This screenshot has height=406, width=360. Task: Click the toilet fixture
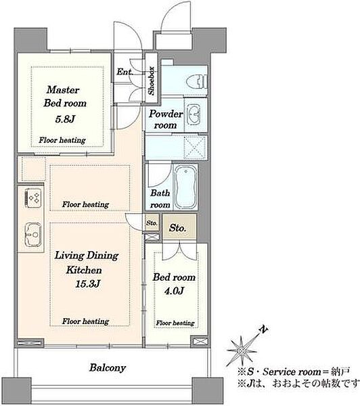pos(197,82)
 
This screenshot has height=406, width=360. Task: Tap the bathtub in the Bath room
pos(185,186)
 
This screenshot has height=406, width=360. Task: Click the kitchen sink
pos(33,234)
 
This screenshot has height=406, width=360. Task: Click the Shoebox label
pos(152,81)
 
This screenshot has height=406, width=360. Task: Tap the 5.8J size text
pos(65,119)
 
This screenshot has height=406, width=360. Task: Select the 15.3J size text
pos(87,284)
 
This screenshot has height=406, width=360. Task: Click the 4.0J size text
pos(174,291)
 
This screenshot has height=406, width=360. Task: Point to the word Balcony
pos(108,367)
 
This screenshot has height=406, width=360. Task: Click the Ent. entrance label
pos(125,72)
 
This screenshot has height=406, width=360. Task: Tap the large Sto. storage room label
pos(177,228)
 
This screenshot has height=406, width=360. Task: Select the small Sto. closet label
pos(152,223)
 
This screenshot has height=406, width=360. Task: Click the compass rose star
pos(242,351)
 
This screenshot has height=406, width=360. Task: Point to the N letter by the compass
pos(264,330)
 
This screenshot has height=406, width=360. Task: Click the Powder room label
pos(166,119)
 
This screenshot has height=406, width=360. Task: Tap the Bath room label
pos(160,199)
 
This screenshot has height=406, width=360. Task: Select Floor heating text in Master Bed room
pos(62,140)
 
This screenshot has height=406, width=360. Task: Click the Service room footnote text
pos(294,372)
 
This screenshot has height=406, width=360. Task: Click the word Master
pos(63,90)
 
